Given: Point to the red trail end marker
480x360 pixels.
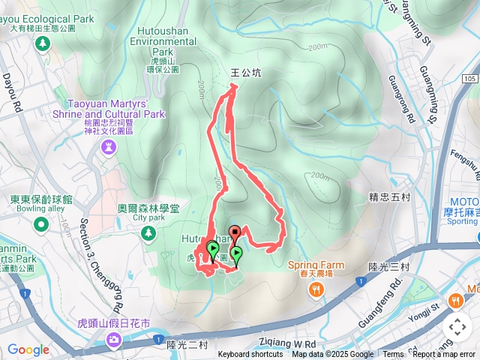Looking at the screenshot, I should tap(234, 232).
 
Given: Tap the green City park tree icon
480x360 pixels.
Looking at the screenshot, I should tap(148, 234).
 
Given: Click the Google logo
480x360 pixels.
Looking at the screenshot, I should tap(28, 349).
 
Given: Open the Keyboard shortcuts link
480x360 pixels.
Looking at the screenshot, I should tap(250, 355).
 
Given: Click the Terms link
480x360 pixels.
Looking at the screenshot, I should tap(393, 355).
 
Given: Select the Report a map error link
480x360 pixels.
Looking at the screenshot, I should tap(444, 355).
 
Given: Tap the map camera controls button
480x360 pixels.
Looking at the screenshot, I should tap(457, 328).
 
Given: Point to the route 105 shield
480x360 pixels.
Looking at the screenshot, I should tap(469, 79).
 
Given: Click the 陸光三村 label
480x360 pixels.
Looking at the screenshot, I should tap(388, 265).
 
